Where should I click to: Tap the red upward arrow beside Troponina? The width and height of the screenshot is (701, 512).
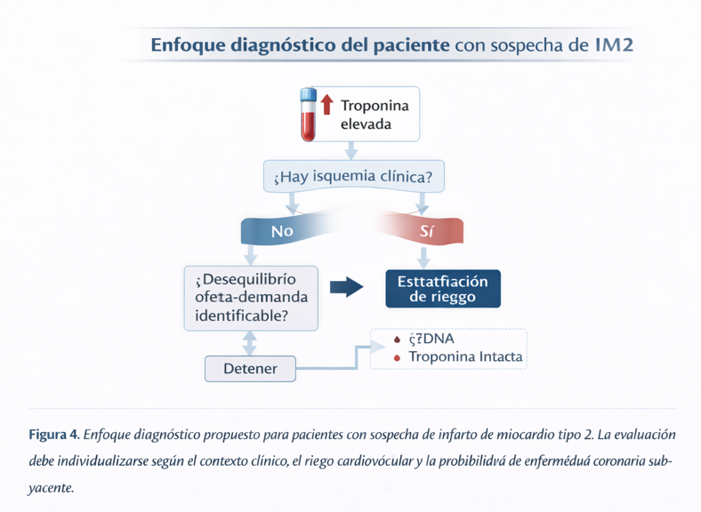pyautogui.click(x=326, y=104)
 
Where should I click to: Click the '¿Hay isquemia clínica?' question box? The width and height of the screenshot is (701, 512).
pyautogui.click(x=354, y=177)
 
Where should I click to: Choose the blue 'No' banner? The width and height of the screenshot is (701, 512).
pyautogui.click(x=282, y=231)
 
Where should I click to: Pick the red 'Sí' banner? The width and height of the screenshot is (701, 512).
pyautogui.click(x=425, y=231)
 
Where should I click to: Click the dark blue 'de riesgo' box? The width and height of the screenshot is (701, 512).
pyautogui.click(x=442, y=289)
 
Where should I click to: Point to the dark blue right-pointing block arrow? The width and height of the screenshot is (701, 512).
pyautogui.click(x=346, y=286)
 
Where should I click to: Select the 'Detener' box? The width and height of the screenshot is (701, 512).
pyautogui.click(x=250, y=368)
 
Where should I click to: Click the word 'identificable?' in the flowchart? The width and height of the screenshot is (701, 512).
pyautogui.click(x=240, y=316)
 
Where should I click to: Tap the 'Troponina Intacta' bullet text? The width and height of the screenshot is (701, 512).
pyautogui.click(x=465, y=357)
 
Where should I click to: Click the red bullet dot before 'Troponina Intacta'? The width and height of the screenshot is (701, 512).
pyautogui.click(x=397, y=358)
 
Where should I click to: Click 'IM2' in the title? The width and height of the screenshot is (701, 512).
pyautogui.click(x=613, y=44)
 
